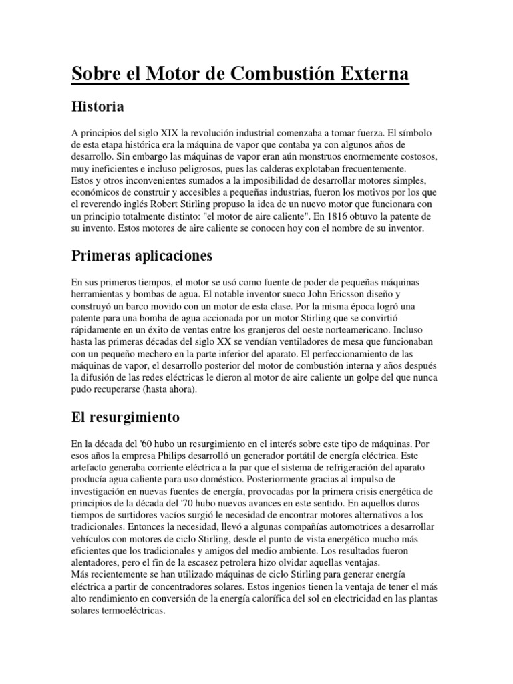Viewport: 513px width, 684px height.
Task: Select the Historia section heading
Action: click(97, 107)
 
